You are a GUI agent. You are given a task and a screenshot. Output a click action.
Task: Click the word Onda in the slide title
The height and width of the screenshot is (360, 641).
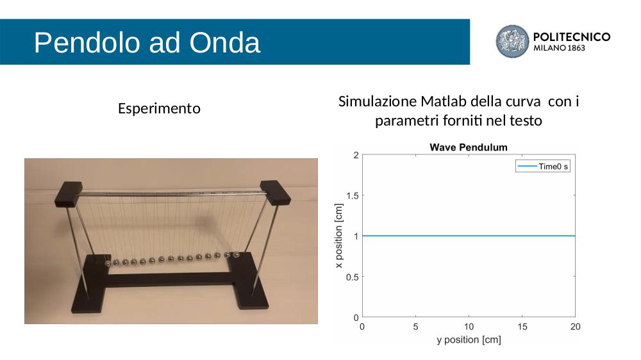tap(224, 42)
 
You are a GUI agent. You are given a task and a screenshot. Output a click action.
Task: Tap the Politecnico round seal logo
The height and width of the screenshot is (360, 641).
tap(512, 41)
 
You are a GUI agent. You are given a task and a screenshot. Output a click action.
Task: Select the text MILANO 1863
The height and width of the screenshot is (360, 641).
tap(559, 48)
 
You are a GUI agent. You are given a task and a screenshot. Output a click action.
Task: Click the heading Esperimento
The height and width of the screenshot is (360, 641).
tap(159, 109)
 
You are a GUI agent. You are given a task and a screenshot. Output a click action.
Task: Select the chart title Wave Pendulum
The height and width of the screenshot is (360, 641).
tap(469, 147)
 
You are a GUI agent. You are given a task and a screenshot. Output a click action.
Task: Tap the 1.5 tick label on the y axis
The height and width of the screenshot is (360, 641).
tap(353, 196)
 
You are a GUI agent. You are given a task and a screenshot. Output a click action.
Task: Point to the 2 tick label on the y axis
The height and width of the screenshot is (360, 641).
tap(356, 155)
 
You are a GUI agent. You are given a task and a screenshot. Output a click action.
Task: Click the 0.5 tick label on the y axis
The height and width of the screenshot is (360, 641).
tap(353, 277)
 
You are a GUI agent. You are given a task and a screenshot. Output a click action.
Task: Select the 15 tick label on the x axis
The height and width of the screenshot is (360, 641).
tap(522, 327)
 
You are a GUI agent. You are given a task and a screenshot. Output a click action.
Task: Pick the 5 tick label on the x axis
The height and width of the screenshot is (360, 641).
tap(415, 327)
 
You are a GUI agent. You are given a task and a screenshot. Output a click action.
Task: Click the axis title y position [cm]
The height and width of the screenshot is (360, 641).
tap(469, 340)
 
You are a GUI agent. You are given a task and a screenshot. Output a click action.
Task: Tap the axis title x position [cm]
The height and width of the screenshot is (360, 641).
tap(339, 236)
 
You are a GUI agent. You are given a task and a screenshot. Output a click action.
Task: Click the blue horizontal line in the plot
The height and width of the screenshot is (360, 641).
tap(469, 236)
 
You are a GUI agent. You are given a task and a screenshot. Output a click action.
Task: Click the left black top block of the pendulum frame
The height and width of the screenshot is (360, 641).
tap(69, 193)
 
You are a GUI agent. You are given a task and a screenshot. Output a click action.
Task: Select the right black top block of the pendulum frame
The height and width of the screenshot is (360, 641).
tap(275, 192)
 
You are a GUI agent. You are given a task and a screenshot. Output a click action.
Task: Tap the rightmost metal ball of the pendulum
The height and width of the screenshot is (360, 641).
tap(236, 254)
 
